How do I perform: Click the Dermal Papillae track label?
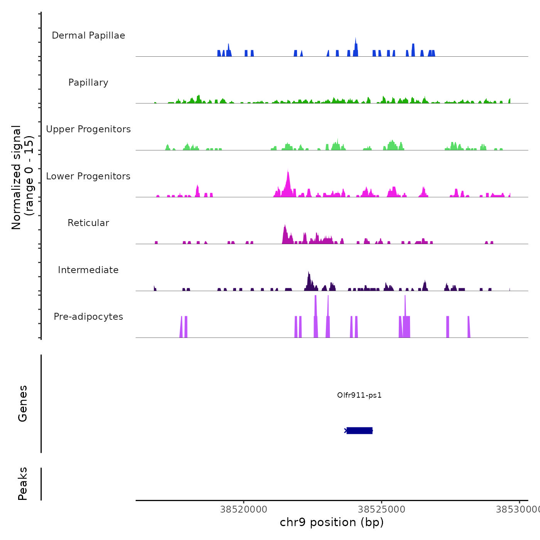tap(88, 35)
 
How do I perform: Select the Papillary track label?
tap(88, 83)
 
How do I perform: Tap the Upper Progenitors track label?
tap(88, 129)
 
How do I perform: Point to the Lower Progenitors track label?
tap(88, 176)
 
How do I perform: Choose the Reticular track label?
tap(88, 223)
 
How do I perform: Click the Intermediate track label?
tap(88, 270)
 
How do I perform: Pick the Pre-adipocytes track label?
tap(88, 317)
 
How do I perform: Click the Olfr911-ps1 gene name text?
tap(359, 395)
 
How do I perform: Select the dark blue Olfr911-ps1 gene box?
tap(359, 430)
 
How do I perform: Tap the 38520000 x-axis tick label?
tap(244, 510)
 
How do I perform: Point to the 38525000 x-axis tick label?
tap(381, 510)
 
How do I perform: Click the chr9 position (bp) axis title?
tap(332, 522)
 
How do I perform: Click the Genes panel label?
tap(23, 403)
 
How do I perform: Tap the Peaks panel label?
tap(23, 484)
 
